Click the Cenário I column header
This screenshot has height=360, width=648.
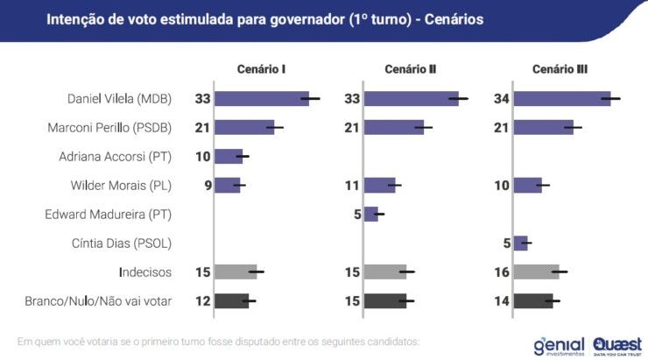tap(262, 69)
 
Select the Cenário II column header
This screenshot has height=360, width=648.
tap(410, 69)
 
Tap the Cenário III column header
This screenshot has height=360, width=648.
tap(560, 69)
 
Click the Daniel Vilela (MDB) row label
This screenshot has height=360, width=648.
tap(120, 99)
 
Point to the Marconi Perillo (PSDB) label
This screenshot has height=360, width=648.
tap(109, 128)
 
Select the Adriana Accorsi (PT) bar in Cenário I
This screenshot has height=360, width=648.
tap(229, 157)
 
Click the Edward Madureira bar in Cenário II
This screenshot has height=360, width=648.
tap(371, 214)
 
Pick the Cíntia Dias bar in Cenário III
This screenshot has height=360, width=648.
tap(521, 243)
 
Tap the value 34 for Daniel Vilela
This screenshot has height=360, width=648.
tap(502, 99)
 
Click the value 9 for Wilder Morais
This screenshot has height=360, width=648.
tap(207, 186)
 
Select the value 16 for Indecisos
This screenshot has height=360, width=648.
tap(502, 272)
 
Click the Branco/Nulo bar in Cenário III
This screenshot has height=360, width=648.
tap(533, 300)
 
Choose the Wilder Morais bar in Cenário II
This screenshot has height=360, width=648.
tap(380, 186)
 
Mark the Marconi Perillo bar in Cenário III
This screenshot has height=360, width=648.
tap(544, 128)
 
